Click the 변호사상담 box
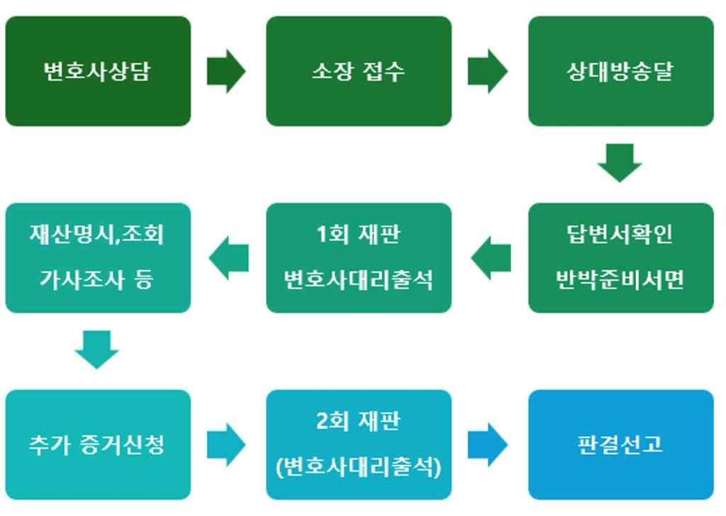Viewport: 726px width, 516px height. (x=98, y=72)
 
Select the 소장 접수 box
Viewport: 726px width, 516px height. (x=359, y=72)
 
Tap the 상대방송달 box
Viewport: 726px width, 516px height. (x=620, y=72)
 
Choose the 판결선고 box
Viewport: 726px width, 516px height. (x=620, y=444)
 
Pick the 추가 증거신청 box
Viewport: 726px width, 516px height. (x=98, y=444)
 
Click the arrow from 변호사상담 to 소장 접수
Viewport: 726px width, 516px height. (x=226, y=72)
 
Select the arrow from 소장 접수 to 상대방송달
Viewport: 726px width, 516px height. (x=488, y=72)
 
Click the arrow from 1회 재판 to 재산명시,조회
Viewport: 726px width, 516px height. (x=229, y=258)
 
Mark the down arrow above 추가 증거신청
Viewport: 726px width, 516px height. (x=97, y=349)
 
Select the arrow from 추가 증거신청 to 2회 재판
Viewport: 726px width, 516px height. (x=226, y=444)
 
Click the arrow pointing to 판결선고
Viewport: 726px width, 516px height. (x=488, y=444)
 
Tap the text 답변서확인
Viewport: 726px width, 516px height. (x=620, y=235)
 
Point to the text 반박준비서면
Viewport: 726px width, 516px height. (x=620, y=279)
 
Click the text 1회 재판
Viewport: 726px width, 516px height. (x=359, y=235)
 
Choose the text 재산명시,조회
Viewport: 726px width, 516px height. (x=98, y=235)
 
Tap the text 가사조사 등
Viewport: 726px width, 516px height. (x=98, y=279)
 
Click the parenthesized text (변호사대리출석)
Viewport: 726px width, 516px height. (x=359, y=467)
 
